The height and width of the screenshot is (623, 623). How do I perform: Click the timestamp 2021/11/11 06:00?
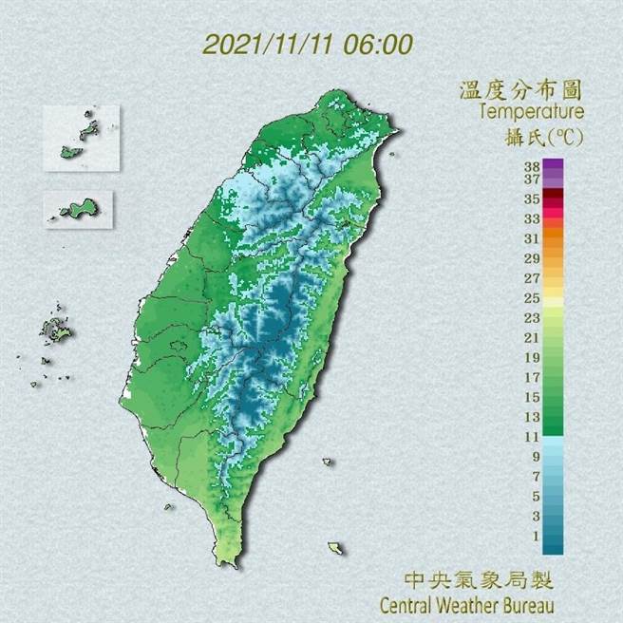pos(309,44)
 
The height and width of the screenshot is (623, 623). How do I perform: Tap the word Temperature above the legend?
pos(531,112)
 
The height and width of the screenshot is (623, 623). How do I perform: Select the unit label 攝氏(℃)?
pos(543,136)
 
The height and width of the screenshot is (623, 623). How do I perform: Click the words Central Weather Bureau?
pos(466,604)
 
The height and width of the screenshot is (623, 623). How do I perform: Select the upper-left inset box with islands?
pos(81,138)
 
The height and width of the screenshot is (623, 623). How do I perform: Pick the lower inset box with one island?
pos(78,209)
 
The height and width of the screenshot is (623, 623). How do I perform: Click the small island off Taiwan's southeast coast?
pos(335,548)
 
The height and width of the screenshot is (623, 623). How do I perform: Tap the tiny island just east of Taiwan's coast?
pos(327,463)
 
